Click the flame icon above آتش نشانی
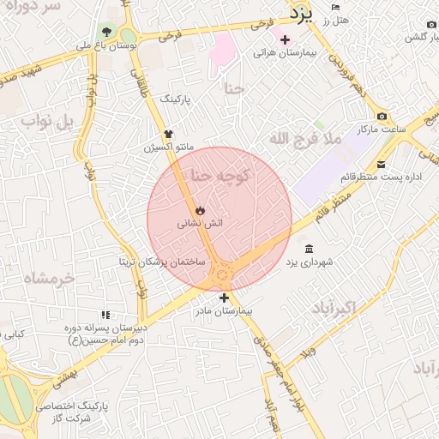(200, 208)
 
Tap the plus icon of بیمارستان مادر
(225, 298)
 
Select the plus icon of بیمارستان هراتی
(285, 39)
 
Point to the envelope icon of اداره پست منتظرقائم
(381, 164)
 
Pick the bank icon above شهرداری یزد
(308, 248)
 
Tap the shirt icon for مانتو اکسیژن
(169, 134)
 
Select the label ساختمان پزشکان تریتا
(162, 260)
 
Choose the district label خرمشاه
(50, 278)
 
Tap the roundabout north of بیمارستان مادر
(224, 274)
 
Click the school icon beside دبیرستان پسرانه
(106, 315)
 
